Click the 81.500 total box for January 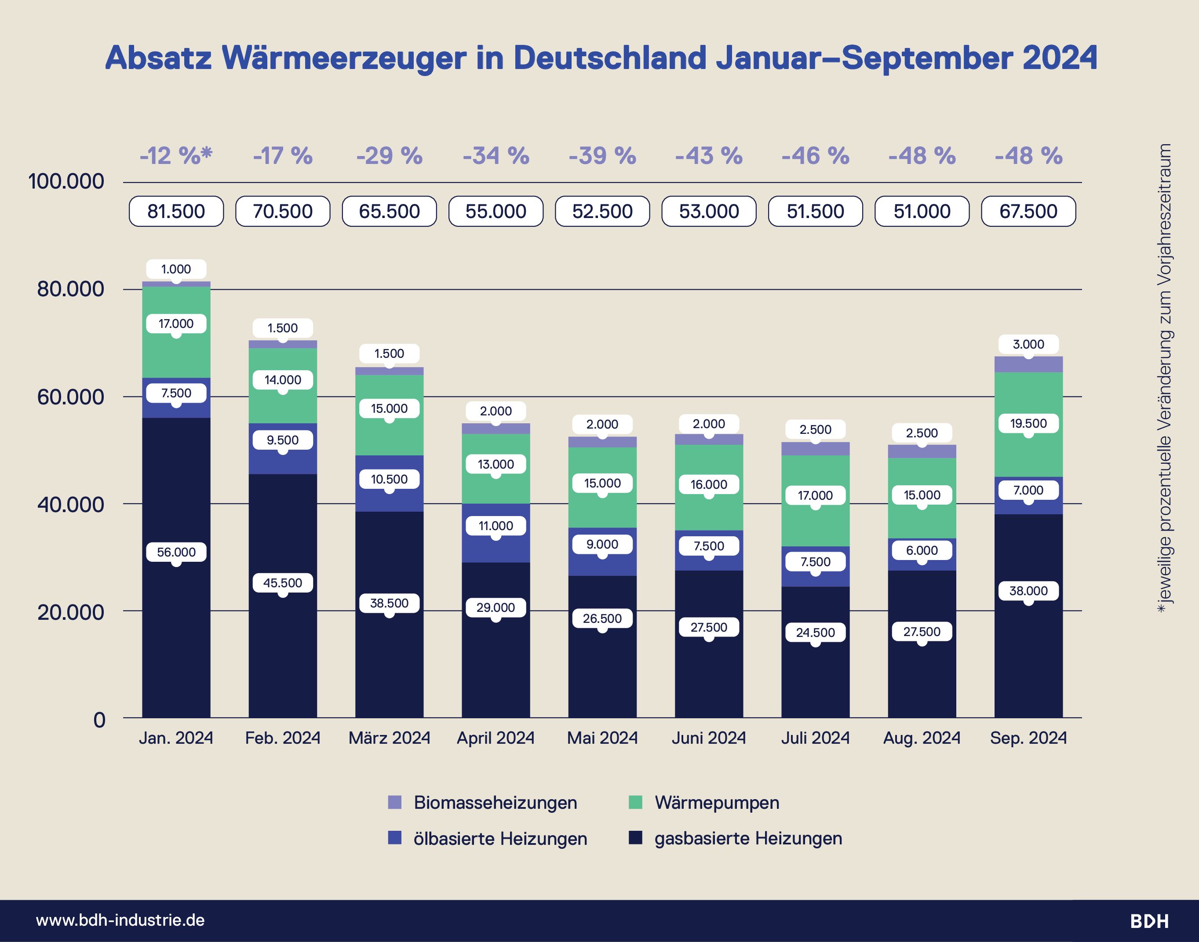(x=176, y=211)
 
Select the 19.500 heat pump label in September (x=1028, y=424)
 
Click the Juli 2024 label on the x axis (x=815, y=738)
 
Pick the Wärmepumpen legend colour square (x=635, y=803)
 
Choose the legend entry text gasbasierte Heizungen (x=748, y=839)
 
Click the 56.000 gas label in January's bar (x=176, y=552)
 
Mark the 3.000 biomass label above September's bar (x=1028, y=344)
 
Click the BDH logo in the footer (x=1149, y=921)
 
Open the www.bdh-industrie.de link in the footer (x=120, y=920)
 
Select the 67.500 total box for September (x=1028, y=211)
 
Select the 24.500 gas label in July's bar (x=815, y=633)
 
